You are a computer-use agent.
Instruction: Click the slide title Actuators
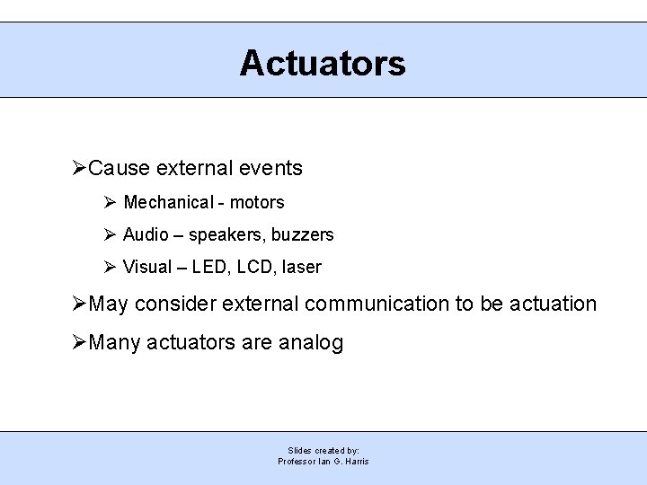pos(323,63)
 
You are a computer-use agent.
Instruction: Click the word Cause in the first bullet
pos(120,168)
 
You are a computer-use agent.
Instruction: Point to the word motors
pos(257,202)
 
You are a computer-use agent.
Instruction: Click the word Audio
pos(146,234)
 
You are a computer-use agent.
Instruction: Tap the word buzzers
pos(301,234)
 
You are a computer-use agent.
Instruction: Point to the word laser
pos(301,267)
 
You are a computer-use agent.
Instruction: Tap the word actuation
pos(553,304)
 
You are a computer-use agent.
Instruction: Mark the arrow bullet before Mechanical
pos(109,202)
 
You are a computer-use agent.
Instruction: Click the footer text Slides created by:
pos(323,450)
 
